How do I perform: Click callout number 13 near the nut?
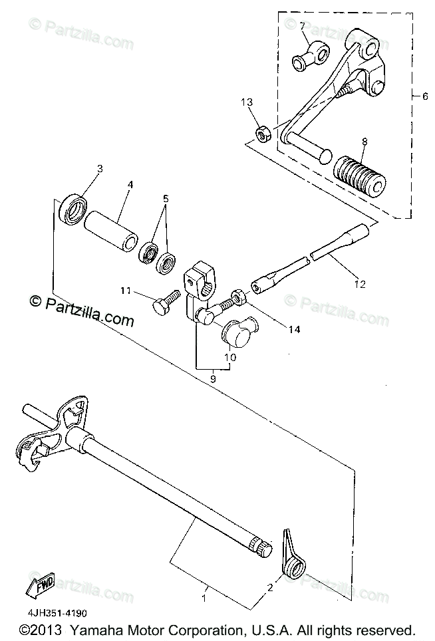click(247, 102)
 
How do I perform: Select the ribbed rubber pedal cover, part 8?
click(360, 175)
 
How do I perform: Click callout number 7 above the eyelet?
click(302, 26)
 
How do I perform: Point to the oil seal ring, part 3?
click(73, 207)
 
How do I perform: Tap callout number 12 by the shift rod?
click(360, 284)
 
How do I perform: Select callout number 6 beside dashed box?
click(425, 95)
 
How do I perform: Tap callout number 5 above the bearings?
click(166, 198)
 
